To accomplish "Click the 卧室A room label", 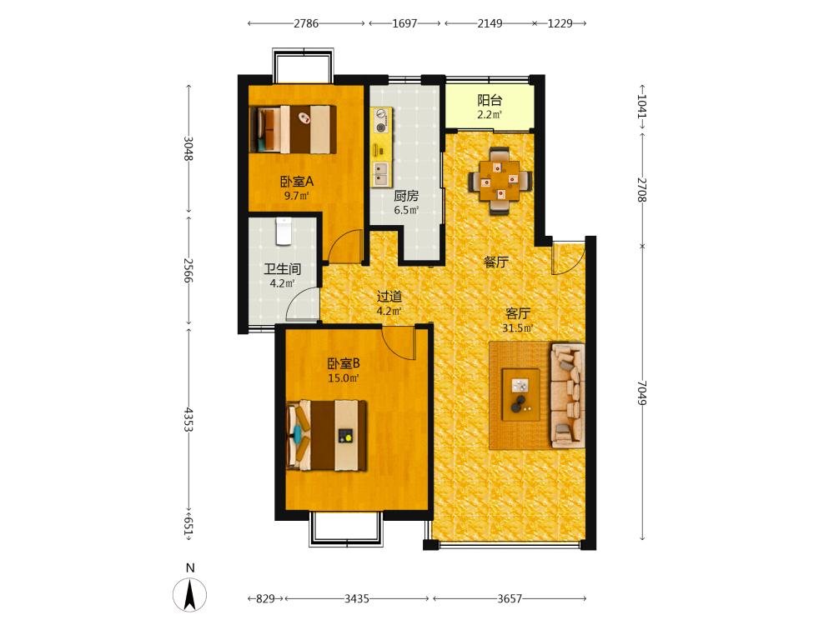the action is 297,182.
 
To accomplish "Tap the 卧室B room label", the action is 344,363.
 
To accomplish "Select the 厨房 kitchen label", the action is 406,196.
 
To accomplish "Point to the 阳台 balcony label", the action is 490,100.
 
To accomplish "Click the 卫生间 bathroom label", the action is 283,269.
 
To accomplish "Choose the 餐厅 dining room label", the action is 495,262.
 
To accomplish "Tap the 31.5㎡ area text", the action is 518,328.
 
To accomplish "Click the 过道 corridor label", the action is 389,297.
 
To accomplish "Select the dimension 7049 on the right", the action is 642,392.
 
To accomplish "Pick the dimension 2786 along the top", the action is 306,23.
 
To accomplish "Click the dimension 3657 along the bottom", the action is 510,599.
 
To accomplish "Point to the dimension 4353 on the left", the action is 188,420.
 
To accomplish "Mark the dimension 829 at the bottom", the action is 265,599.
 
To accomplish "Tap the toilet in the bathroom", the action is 284,231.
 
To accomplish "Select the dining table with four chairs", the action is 500,181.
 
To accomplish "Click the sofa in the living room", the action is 568,395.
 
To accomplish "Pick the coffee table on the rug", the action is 521,395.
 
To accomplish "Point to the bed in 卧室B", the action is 327,436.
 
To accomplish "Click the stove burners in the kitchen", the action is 381,120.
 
